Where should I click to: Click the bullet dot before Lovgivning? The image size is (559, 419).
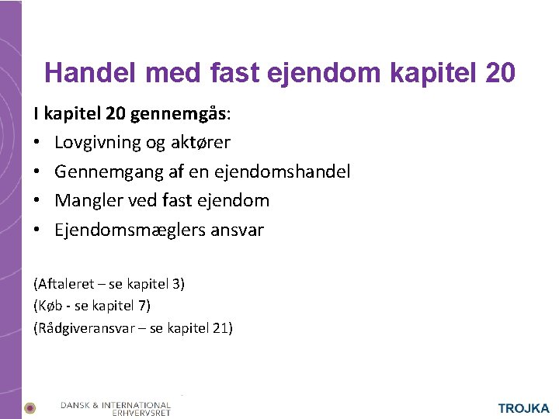click(x=38, y=143)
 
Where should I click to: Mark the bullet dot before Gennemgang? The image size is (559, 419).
click(x=38, y=171)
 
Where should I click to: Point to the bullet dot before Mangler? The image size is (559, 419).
click(x=38, y=200)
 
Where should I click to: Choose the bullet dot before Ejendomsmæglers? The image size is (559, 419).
click(x=38, y=230)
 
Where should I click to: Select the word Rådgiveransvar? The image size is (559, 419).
click(x=85, y=327)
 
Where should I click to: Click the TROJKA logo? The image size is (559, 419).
click(x=523, y=408)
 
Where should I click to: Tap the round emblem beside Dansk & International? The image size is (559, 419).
click(x=30, y=407)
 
